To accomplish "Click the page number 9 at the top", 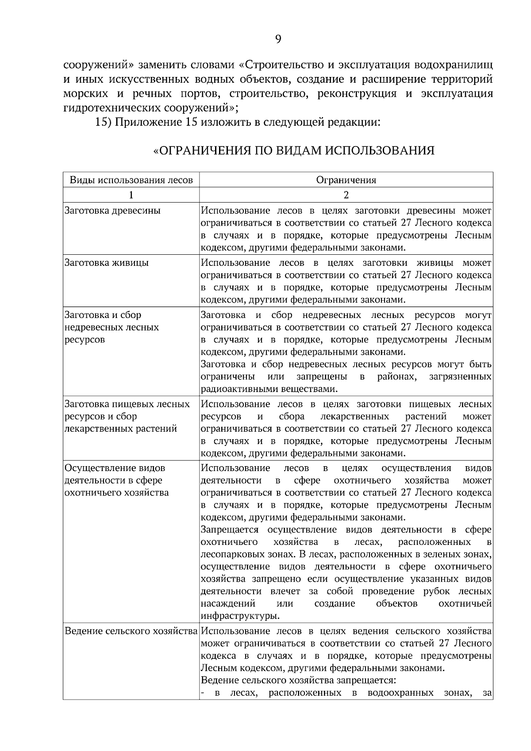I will click(278, 39).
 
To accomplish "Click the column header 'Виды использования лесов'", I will click(131, 180).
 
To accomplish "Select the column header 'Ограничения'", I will click(346, 180).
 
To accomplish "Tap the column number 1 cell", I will click(131, 195).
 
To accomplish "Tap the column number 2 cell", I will click(346, 195).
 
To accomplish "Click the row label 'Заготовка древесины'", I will click(112, 211).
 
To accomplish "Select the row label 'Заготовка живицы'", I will click(107, 263).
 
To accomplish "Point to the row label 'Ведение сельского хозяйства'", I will click(131, 631).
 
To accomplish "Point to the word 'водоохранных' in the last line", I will click(400, 693).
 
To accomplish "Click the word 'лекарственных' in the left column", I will click(94, 429).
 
